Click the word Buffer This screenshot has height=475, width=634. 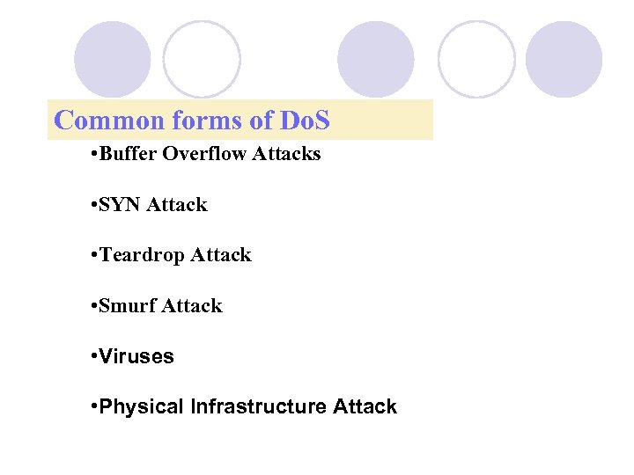click(x=129, y=155)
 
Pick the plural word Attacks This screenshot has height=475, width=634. click(x=286, y=155)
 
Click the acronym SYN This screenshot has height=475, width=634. click(x=121, y=205)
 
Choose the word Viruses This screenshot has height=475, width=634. click(x=137, y=357)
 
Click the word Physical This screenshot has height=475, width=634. click(x=142, y=407)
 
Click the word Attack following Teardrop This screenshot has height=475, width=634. click(x=221, y=255)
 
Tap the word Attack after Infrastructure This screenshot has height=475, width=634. click(x=365, y=407)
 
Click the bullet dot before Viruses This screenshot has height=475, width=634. click(x=93, y=357)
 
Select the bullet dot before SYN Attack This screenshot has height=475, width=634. click(x=93, y=205)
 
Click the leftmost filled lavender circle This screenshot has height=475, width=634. click(x=112, y=59)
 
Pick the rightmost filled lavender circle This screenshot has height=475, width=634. click(x=564, y=59)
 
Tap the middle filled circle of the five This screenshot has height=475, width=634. click(x=376, y=59)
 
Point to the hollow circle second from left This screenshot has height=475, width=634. click(x=202, y=59)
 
